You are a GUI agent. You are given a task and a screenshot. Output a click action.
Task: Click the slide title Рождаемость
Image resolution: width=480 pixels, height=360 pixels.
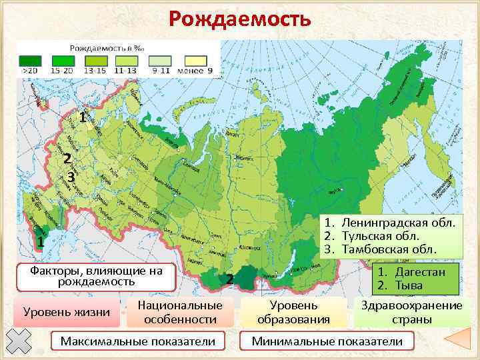point(239,19)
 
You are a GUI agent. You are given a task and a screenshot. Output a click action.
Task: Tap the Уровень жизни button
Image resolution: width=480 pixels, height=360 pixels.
point(66,313)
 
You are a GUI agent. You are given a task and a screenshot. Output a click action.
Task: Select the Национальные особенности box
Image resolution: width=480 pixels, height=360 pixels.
point(180,313)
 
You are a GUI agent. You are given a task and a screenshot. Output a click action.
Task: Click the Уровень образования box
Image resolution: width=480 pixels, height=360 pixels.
point(294,313)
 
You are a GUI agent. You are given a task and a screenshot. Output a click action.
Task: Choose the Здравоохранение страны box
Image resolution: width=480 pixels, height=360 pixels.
point(411,313)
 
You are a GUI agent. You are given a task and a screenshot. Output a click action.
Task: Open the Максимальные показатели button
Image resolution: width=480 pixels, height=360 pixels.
point(138,342)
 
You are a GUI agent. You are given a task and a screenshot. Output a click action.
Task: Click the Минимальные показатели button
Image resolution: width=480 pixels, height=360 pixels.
point(327,342)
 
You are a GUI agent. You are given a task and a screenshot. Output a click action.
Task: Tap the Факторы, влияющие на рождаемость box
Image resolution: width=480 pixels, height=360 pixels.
point(97,277)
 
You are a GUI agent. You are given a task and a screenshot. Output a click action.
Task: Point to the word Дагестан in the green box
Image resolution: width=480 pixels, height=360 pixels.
point(419,272)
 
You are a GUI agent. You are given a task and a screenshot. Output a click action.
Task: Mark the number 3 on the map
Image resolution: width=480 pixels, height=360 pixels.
point(71,177)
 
